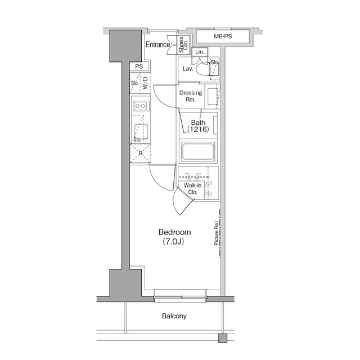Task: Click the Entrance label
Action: click(x=158, y=45)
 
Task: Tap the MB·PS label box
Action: click(x=223, y=37)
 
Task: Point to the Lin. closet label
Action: click(x=199, y=52)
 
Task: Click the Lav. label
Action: click(x=188, y=70)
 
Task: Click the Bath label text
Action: click(x=197, y=123)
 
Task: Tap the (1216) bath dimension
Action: click(x=197, y=130)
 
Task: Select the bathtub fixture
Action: click(x=197, y=152)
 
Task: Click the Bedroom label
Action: click(x=174, y=232)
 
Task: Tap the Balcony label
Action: click(x=174, y=316)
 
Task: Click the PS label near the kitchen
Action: click(x=139, y=66)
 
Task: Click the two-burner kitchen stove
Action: click(x=140, y=105)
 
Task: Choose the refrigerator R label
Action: click(x=139, y=152)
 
